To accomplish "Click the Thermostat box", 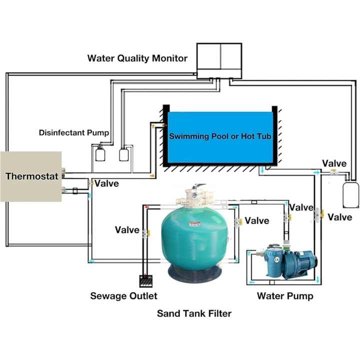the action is click(31, 176).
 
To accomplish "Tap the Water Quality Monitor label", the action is click(137, 58).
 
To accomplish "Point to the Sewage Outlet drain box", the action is click(146, 281).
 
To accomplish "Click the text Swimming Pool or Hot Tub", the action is click(220, 136).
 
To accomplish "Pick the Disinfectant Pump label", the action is click(74, 132).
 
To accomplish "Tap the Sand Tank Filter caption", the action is click(194, 313).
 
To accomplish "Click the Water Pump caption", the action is click(285, 296).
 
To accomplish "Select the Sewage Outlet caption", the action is click(124, 296).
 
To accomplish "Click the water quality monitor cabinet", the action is click(219, 61).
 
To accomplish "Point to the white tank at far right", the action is click(350, 194).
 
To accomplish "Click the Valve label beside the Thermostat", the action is click(107, 183).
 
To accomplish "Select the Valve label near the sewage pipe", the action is click(127, 230).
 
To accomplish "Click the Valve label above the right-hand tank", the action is click(334, 163).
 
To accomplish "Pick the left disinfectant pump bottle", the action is click(100, 154).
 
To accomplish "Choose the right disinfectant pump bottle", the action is click(124, 154).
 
